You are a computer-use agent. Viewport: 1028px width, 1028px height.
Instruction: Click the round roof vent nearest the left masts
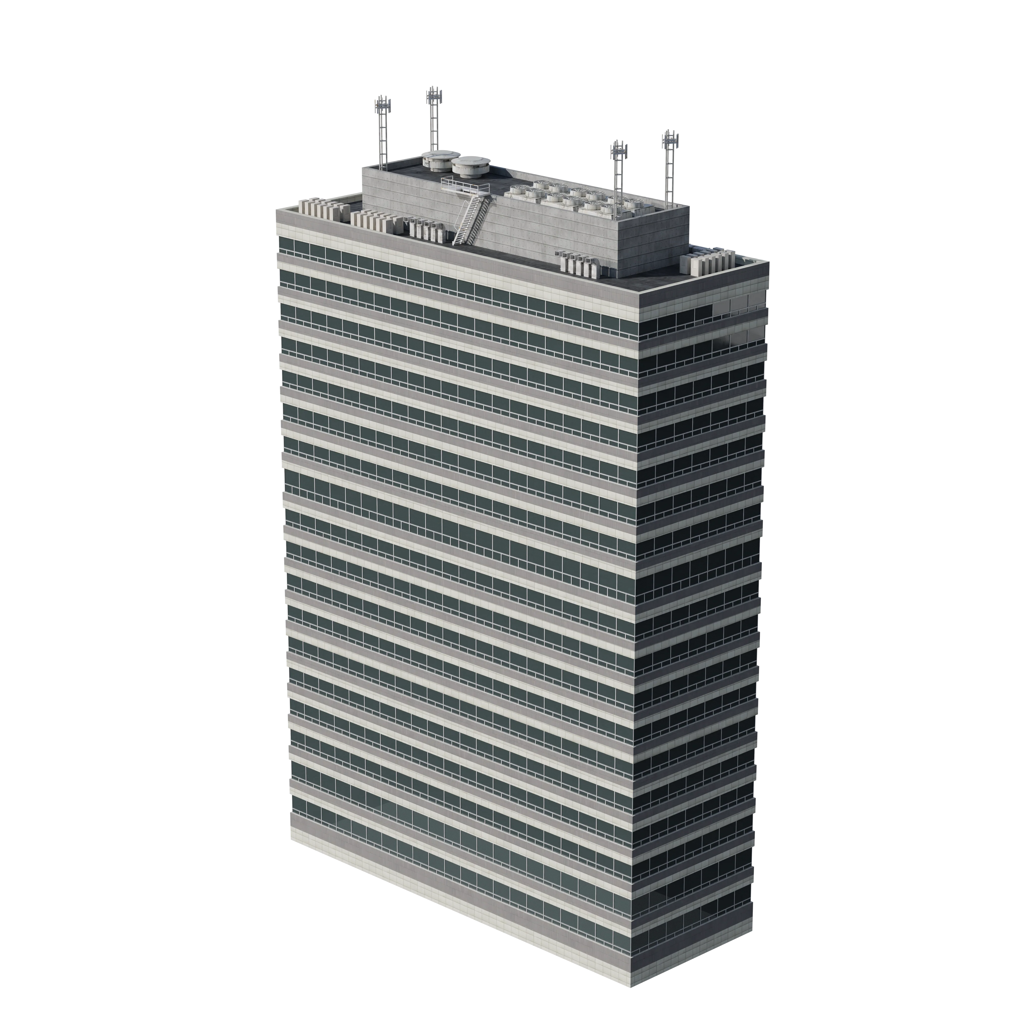[x=435, y=159]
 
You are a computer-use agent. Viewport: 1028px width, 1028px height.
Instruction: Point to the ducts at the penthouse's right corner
[x=580, y=263]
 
